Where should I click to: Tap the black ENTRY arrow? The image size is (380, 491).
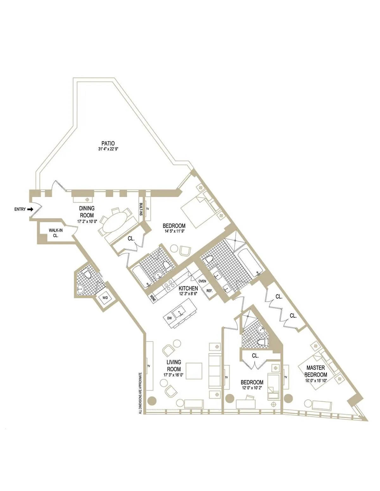pyautogui.click(x=30, y=209)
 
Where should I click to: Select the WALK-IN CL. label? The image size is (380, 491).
pyautogui.click(x=55, y=233)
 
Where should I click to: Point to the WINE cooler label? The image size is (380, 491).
pyautogui.click(x=153, y=299)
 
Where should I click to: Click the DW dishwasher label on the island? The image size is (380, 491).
pyautogui.click(x=169, y=318)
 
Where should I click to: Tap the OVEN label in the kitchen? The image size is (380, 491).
pyautogui.click(x=202, y=281)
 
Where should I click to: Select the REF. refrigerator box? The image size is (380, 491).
pyautogui.click(x=209, y=291)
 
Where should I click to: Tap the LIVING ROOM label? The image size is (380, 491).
pyautogui.click(x=174, y=365)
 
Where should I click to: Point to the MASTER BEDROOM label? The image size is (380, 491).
pyautogui.click(x=315, y=371)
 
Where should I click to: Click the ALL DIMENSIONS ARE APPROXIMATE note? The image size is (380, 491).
pyautogui.click(x=140, y=393)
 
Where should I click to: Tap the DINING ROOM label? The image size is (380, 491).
pyautogui.click(x=86, y=212)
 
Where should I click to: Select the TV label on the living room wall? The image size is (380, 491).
pyautogui.click(x=148, y=366)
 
